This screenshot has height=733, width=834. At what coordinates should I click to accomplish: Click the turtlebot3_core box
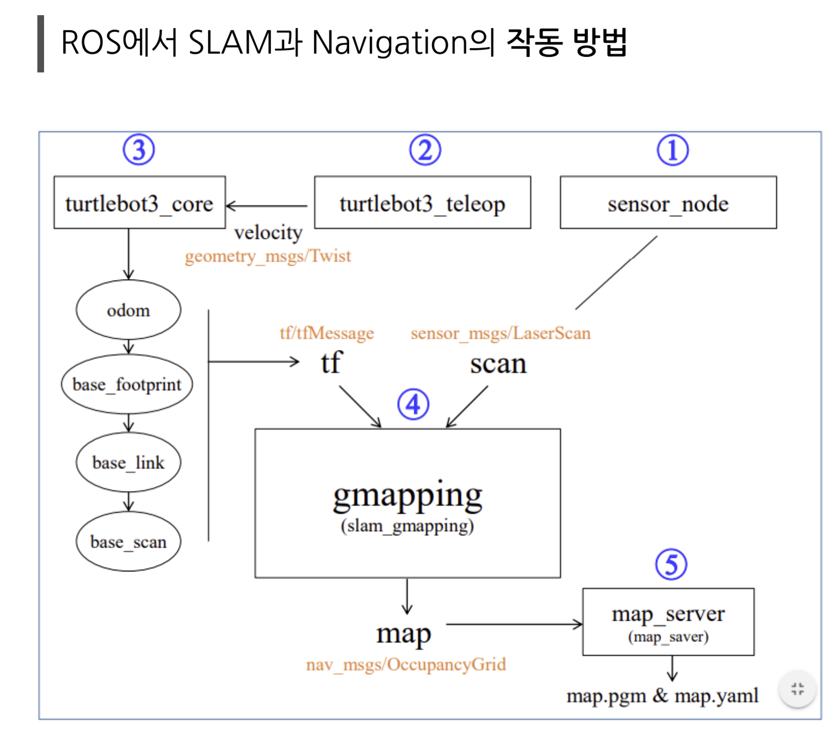[139, 203]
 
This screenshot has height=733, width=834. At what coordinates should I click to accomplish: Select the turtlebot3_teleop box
[422, 203]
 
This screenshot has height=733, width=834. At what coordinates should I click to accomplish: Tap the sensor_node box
[668, 203]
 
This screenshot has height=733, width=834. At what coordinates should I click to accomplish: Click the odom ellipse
[128, 310]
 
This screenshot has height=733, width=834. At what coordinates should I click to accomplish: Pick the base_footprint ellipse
[127, 384]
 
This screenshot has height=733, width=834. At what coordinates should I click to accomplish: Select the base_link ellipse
[128, 462]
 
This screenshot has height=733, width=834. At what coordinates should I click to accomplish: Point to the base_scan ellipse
[128, 541]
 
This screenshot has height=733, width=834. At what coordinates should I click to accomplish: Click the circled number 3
[138, 150]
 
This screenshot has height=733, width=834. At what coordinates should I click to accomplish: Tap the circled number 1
[672, 150]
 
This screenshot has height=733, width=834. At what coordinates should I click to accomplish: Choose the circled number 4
[413, 404]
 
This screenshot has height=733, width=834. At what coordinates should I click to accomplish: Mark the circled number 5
[671, 564]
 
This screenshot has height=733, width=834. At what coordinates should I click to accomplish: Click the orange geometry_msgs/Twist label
[268, 256]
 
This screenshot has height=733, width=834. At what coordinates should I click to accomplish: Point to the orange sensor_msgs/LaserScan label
[500, 333]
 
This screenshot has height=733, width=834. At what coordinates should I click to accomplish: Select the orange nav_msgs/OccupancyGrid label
[406, 664]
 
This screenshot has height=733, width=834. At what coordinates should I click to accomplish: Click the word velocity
[268, 232]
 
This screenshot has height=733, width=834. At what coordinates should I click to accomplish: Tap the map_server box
[668, 622]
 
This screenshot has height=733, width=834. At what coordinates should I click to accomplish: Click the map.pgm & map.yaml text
[662, 696]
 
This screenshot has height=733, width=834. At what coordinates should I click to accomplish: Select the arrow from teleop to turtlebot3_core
[267, 206]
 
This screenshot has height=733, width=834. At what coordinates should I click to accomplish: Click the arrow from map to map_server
[514, 624]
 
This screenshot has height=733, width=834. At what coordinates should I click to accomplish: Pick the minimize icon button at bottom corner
[798, 688]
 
